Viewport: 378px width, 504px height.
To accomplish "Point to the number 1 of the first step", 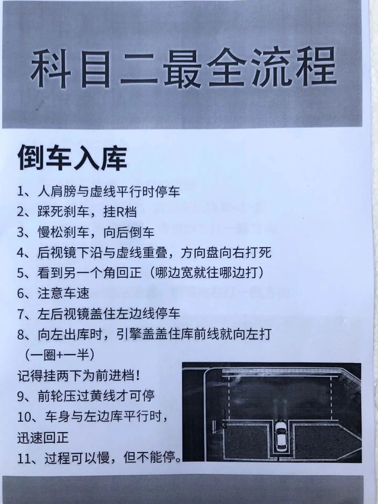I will click(20, 192).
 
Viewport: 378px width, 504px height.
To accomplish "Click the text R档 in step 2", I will click(126, 212).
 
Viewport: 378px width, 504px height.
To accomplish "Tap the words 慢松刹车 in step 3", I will click(63, 232).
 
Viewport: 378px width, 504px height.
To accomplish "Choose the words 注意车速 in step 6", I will click(63, 293).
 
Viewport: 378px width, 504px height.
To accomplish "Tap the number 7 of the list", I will click(21, 314).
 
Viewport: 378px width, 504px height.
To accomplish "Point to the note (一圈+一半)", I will click(59, 355).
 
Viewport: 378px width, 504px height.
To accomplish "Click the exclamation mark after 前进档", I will click(137, 376).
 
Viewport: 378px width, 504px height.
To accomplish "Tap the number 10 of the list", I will click(24, 417).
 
